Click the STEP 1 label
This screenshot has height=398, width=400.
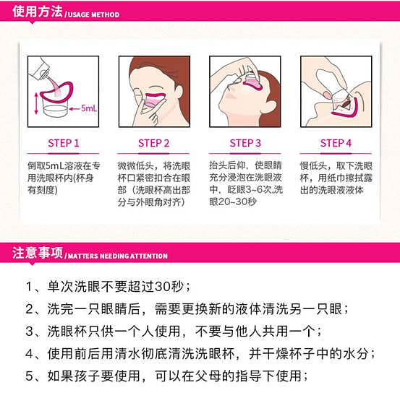(64, 143)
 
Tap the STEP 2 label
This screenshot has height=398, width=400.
(154, 143)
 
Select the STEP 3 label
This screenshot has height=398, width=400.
(245, 143)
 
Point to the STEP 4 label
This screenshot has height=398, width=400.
(336, 143)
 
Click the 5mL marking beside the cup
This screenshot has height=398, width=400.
(89, 108)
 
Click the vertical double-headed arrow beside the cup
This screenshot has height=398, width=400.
(36, 103)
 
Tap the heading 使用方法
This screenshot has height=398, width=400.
(38, 12)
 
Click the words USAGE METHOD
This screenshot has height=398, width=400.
(93, 14)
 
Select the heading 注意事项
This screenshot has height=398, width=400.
(38, 253)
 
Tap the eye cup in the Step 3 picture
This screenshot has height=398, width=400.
(252, 82)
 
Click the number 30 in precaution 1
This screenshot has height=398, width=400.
(163, 287)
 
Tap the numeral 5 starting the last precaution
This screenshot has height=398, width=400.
(29, 376)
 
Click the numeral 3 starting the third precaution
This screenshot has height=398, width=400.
(29, 332)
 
